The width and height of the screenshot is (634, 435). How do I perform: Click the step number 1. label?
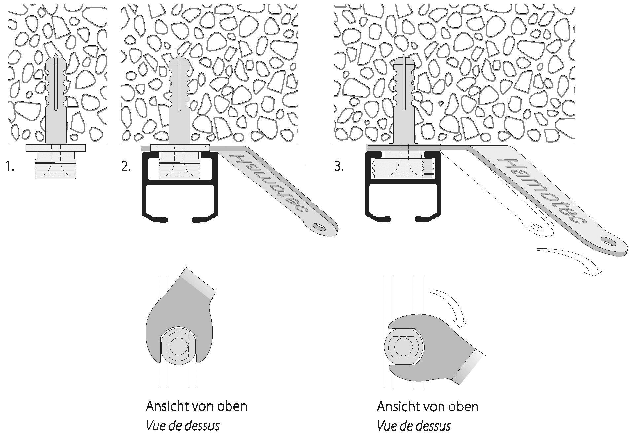coord(10,167)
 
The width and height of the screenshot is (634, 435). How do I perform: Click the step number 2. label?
coord(126,167)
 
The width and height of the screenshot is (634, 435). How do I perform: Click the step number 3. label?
coord(339,167)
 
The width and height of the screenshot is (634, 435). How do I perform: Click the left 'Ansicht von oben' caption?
coord(196,406)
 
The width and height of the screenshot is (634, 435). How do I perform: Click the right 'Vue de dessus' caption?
coord(414,426)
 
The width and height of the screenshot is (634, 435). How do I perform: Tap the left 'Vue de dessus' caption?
coord(183,426)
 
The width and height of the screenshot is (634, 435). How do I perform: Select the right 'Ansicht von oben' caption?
coord(428,406)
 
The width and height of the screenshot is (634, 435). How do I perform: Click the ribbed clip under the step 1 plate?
coord(55,165)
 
